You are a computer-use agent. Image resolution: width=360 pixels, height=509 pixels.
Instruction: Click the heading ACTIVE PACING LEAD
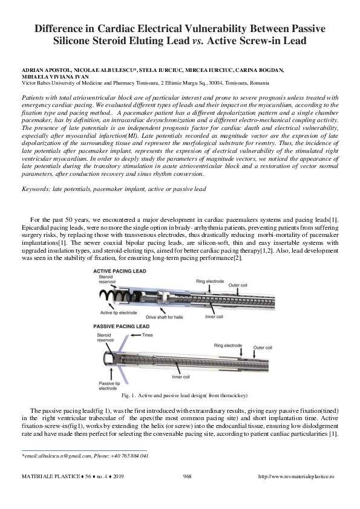pos(120,271)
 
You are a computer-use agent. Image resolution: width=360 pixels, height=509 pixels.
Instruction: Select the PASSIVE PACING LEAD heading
pos(121,326)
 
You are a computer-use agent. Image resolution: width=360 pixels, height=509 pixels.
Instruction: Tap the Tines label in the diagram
pos(147,335)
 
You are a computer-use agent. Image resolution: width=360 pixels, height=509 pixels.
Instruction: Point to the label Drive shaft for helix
pos(165,317)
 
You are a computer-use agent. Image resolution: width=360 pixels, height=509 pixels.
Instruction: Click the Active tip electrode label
pos(119,313)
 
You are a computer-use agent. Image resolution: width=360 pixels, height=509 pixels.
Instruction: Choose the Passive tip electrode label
pos(109,386)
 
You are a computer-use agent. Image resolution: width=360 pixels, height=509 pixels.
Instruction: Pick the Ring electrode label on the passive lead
pos(227,345)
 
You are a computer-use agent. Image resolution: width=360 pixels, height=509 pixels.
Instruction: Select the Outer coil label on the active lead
pos(238,285)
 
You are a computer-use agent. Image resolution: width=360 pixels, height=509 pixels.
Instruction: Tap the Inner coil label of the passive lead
pos(181,377)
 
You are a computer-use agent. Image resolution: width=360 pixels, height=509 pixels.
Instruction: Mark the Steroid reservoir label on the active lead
pos(107,279)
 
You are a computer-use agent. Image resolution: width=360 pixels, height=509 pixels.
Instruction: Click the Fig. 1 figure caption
pos(184,395)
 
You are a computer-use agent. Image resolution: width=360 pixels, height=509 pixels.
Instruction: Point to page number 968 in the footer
pos(187,476)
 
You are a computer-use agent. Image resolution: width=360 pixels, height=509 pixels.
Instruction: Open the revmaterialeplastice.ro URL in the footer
pos(296,476)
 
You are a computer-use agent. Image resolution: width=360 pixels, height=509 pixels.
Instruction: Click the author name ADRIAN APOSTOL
pos(47,70)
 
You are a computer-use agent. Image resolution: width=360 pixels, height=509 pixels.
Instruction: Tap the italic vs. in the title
pos(197,41)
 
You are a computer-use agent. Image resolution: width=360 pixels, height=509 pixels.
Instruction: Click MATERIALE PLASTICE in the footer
pos(51,476)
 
